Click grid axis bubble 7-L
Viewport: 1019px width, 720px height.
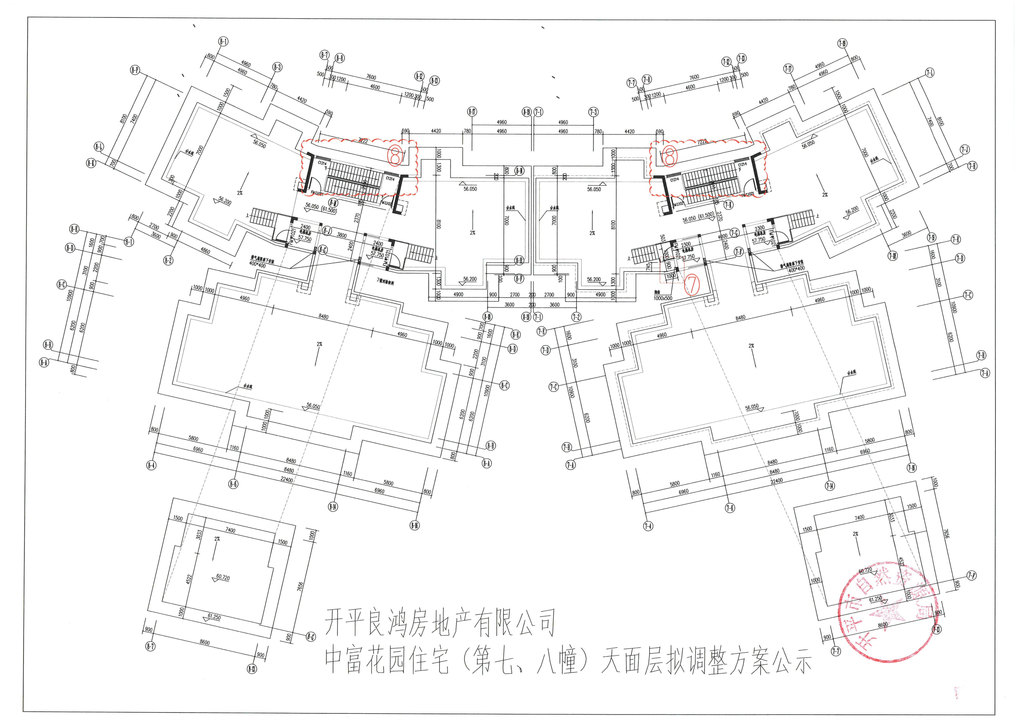(x=929, y=73)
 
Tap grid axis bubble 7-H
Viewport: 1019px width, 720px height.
(x=972, y=166)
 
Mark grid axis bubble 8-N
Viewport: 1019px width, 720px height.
(x=519, y=171)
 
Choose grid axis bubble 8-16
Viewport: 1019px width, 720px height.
(x=415, y=525)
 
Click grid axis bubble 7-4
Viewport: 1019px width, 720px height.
(x=648, y=526)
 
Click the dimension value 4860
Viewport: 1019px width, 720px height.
(x=205, y=251)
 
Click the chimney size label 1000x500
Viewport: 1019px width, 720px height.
(x=663, y=298)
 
